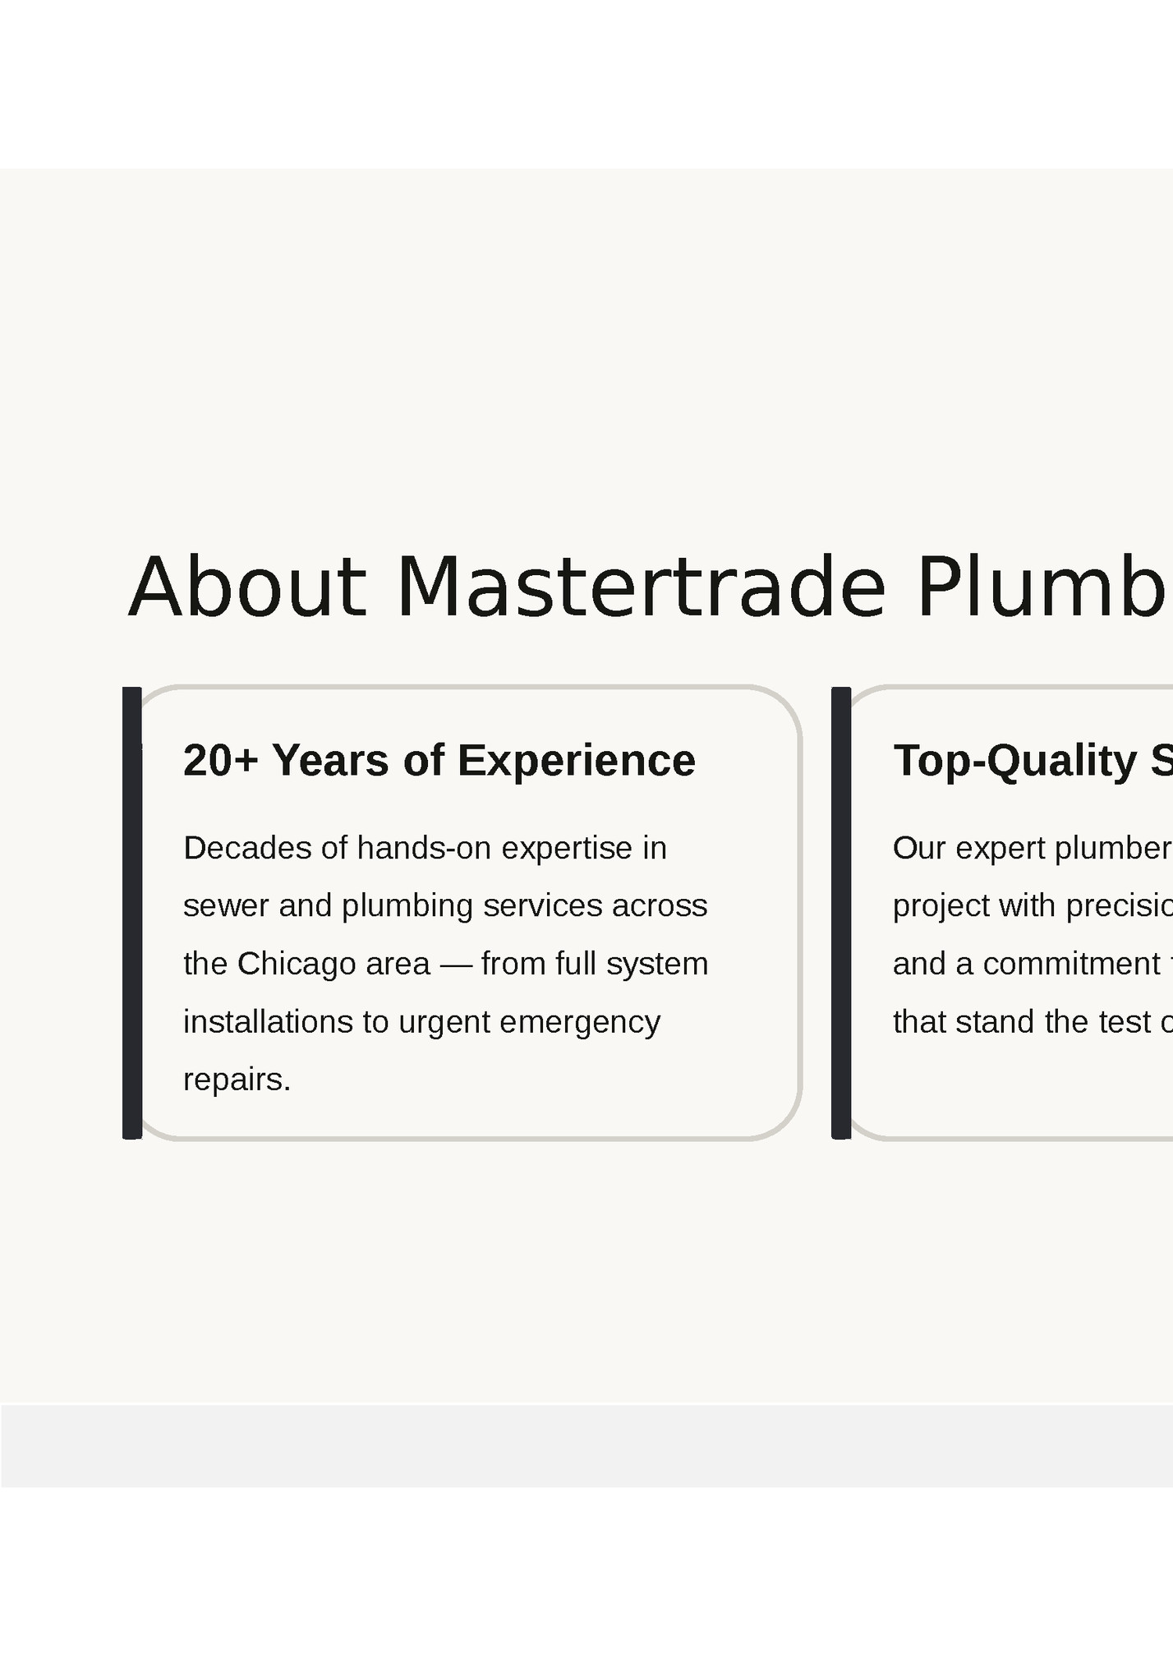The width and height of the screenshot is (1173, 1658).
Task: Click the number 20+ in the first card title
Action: pyautogui.click(x=220, y=760)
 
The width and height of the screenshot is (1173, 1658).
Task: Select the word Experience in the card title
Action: pyautogui.click(x=576, y=760)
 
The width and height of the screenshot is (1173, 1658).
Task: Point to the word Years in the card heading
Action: pyautogui.click(x=330, y=760)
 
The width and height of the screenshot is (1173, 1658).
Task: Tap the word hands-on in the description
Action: pyautogui.click(x=424, y=848)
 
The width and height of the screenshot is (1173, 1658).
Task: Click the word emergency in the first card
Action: pyautogui.click(x=579, y=1022)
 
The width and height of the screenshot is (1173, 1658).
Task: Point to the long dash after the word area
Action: pyautogui.click(x=456, y=965)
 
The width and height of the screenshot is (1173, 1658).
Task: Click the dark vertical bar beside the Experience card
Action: pyautogui.click(x=132, y=912)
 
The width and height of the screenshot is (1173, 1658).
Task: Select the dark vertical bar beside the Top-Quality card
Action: pyautogui.click(x=841, y=912)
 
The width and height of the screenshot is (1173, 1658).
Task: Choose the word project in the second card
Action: pyautogui.click(x=941, y=906)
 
